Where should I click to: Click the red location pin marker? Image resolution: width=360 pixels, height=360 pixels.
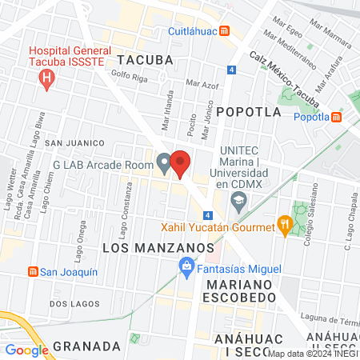[181, 163]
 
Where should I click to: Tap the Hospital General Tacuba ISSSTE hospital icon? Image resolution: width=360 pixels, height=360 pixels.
[47, 78]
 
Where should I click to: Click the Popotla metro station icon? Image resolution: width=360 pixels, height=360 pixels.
[336, 117]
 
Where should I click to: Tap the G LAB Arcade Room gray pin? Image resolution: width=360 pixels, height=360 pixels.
[164, 164]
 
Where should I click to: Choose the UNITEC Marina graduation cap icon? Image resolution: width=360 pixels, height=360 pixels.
[238, 200]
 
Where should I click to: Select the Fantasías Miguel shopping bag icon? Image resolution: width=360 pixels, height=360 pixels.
[186, 264]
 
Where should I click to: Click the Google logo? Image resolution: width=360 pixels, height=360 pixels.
[26, 350]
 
